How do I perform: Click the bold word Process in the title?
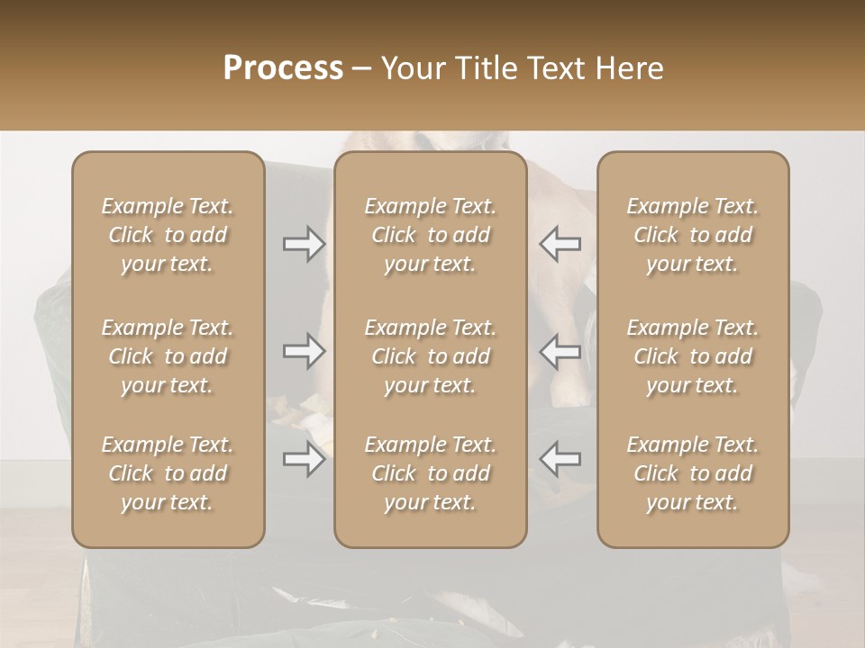[283, 68]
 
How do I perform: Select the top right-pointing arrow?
[304, 244]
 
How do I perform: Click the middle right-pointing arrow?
[304, 351]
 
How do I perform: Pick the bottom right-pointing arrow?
[304, 459]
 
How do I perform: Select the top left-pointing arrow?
[560, 244]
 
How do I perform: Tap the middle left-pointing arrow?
[560, 351]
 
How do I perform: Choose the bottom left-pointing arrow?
[560, 459]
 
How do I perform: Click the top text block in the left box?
[168, 235]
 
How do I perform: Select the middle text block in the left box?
[168, 356]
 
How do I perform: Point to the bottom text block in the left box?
[168, 473]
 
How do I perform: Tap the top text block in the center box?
[430, 235]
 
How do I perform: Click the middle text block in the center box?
[430, 356]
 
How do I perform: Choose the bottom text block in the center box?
[430, 473]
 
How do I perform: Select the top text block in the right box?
[693, 235]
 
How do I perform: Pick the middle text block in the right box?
[693, 356]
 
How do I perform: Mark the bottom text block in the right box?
[693, 473]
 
